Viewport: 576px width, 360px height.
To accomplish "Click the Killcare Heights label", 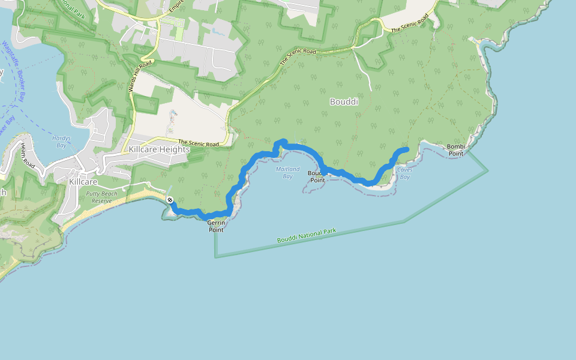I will [x=159, y=149].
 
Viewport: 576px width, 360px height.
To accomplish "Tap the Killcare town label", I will [x=83, y=181].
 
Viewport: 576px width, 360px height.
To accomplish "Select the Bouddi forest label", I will [x=344, y=102].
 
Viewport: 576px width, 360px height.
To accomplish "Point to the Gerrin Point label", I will [x=215, y=226].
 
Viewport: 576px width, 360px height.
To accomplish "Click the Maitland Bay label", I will [x=287, y=173].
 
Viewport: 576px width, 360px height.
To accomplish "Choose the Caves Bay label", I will [x=404, y=173].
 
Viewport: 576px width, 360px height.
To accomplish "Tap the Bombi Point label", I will [x=456, y=150].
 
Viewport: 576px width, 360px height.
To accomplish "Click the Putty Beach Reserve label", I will [x=101, y=197].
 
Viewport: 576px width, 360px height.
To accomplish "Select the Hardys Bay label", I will [x=61, y=142].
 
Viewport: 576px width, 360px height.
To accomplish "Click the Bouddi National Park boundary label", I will [x=307, y=236].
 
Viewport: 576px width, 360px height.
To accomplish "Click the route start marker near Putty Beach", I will [x=170, y=199].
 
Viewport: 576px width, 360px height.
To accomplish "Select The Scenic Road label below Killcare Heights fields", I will [x=198, y=143].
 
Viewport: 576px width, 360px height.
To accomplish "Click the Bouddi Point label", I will [x=317, y=176].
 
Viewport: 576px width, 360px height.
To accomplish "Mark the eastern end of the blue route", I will [x=407, y=149].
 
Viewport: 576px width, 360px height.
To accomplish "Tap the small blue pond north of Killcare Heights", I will [x=173, y=113].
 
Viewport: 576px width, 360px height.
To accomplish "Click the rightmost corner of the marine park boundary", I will [x=488, y=170].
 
